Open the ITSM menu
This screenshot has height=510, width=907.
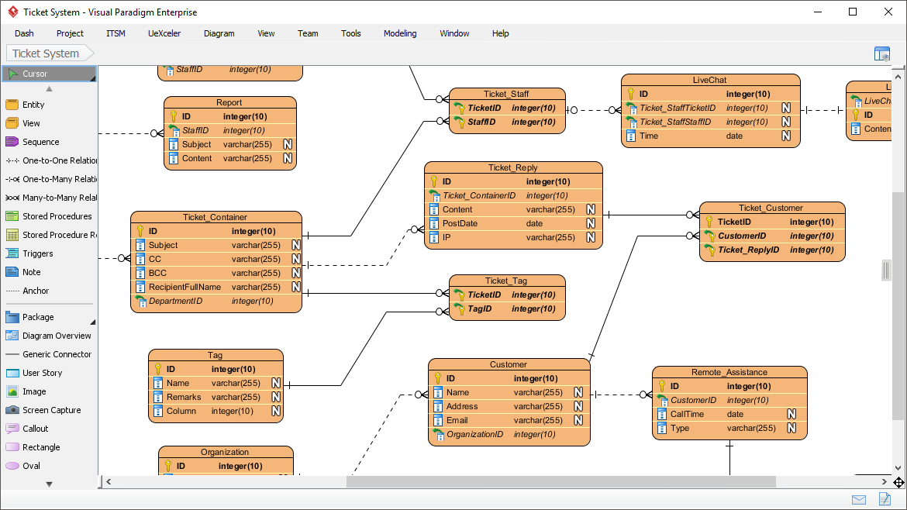(116, 33)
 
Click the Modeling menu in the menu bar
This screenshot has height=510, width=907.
(400, 33)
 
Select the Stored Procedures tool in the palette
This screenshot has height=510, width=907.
(57, 216)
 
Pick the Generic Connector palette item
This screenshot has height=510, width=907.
(57, 354)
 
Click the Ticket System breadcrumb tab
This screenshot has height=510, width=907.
(46, 53)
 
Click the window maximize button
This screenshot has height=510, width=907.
(853, 12)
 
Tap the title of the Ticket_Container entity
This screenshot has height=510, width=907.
(215, 217)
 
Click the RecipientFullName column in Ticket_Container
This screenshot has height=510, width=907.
(185, 287)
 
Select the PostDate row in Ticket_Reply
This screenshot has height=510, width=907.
(460, 223)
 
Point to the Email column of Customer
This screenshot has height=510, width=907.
(457, 420)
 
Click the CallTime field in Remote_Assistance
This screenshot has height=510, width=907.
(687, 414)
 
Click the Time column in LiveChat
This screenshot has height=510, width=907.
(649, 136)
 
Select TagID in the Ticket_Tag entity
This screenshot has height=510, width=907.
(479, 308)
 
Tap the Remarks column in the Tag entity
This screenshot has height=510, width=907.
(184, 397)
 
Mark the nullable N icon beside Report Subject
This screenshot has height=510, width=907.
(288, 144)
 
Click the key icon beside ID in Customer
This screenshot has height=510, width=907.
(437, 378)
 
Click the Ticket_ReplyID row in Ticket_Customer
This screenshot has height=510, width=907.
(748, 250)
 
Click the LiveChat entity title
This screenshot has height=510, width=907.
(709, 80)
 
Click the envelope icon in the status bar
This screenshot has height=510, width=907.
(858, 499)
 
